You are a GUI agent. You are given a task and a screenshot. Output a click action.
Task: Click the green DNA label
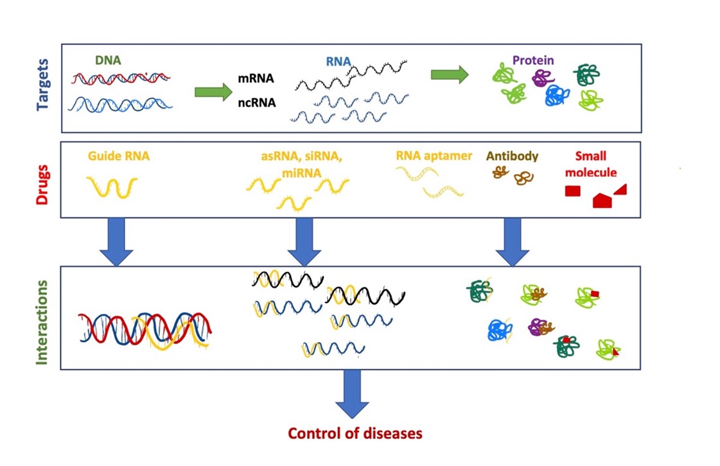tap(108, 60)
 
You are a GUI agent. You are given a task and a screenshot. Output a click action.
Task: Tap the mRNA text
tap(256, 78)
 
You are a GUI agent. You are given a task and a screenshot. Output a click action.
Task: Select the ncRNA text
tap(257, 103)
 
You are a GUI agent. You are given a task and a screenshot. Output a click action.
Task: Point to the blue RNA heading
tap(338, 62)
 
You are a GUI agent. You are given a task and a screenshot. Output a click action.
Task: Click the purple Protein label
tap(533, 60)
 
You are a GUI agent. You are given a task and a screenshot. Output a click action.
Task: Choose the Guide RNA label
tap(118, 156)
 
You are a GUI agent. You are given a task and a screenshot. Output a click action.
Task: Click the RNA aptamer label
tap(434, 156)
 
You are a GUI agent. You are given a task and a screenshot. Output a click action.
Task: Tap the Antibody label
tap(512, 156)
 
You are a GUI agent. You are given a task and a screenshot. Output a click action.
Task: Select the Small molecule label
tap(590, 164)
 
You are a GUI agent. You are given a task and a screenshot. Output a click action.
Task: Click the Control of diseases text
tap(355, 433)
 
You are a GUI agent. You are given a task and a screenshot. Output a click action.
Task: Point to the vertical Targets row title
tap(42, 85)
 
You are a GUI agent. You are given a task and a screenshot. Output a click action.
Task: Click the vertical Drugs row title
tap(42, 185)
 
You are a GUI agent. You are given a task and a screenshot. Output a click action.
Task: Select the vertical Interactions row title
tap(42, 322)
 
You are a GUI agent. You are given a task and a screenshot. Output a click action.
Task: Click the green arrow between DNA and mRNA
tap(213, 92)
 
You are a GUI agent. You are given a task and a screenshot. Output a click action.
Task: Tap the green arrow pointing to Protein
tap(450, 74)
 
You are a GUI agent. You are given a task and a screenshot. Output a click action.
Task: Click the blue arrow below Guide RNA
tap(116, 242)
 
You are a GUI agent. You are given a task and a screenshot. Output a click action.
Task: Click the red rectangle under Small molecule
tap(573, 191)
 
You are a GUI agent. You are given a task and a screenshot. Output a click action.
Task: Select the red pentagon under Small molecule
tap(602, 201)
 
